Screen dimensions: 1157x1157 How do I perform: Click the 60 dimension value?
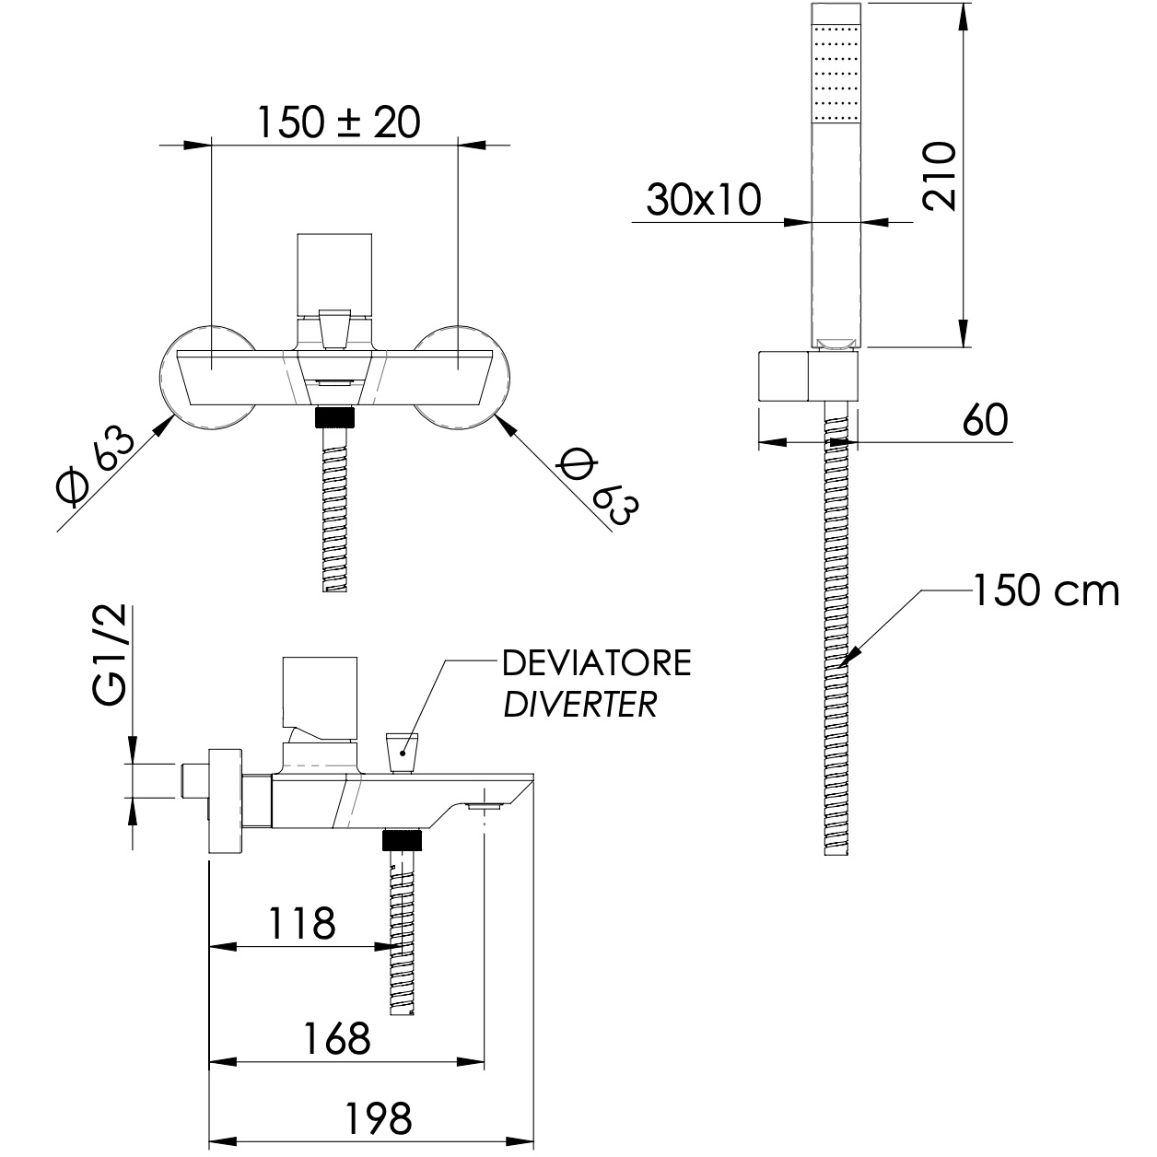point(985,421)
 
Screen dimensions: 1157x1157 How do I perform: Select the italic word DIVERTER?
point(579,705)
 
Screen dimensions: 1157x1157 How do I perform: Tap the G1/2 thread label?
point(110,657)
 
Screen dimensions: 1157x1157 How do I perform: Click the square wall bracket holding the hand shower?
point(784,376)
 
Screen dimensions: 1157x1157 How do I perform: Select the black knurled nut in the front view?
point(335,418)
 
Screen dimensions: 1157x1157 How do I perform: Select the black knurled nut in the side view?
point(402,838)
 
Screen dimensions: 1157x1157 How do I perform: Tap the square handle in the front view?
point(334,273)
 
